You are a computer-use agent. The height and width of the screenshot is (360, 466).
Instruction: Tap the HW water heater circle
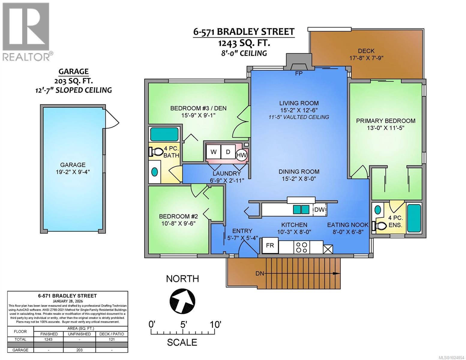tap(242, 155)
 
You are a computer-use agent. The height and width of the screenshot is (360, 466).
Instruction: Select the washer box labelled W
tap(213, 152)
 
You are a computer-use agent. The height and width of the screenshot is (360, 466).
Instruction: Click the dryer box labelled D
tap(228, 152)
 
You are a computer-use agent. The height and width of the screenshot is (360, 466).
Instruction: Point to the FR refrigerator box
tap(270, 245)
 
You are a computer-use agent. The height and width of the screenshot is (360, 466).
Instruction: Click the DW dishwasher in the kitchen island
tap(320, 210)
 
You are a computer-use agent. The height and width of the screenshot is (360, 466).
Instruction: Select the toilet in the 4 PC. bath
tap(155, 152)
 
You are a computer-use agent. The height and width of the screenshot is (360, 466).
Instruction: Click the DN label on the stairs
tap(260, 274)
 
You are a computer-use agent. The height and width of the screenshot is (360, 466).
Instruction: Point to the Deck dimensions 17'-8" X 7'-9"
tap(366, 58)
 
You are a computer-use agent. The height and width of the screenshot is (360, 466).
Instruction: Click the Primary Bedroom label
tap(386, 121)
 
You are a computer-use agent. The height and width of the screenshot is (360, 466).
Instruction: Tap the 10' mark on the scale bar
tap(215, 325)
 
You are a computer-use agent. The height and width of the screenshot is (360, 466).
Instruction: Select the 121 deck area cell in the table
tap(112, 340)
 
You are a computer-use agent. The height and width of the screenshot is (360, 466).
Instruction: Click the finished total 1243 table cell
tap(48, 340)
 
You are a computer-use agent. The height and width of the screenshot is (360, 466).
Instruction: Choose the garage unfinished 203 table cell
tap(80, 350)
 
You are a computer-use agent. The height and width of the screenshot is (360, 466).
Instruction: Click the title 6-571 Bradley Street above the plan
tap(243, 32)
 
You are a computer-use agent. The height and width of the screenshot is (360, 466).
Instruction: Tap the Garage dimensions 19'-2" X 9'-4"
tap(73, 172)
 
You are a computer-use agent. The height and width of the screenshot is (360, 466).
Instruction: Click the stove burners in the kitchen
tap(301, 247)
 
